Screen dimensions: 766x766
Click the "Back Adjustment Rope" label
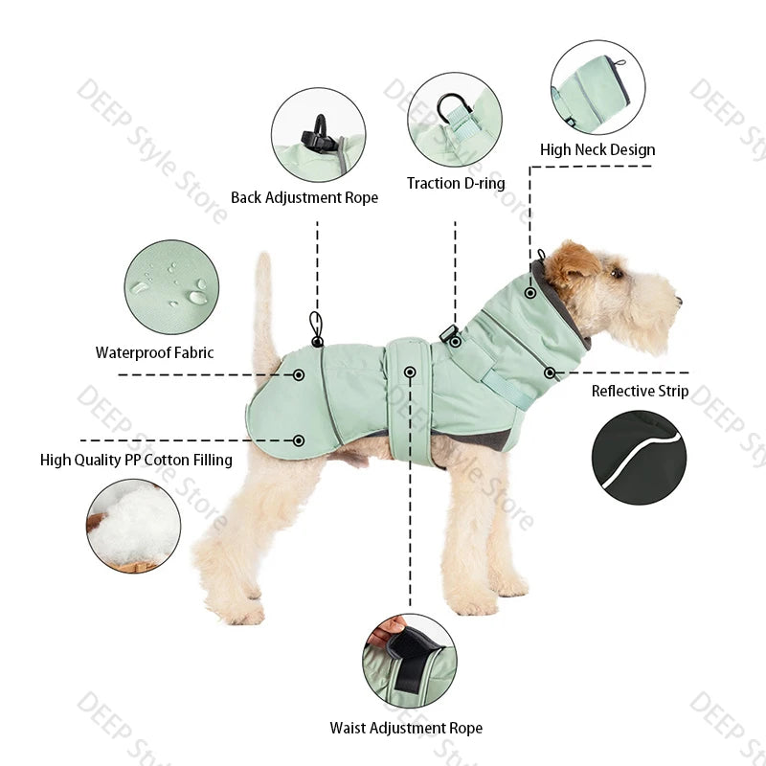(304, 197)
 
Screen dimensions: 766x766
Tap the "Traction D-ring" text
(456, 183)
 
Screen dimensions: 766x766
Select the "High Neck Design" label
(597, 149)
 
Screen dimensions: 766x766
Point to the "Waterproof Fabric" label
(155, 352)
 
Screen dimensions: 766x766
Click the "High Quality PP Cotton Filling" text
(136, 460)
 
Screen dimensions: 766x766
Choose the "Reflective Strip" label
(640, 391)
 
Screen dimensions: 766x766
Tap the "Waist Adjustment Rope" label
(406, 728)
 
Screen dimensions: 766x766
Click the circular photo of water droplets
(172, 287)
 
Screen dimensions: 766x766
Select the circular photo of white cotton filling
(134, 526)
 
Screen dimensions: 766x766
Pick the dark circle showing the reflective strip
(639, 458)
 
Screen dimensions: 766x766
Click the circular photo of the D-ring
(455, 120)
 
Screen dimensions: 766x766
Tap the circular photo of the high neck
(597, 87)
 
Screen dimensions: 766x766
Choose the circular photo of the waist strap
(409, 661)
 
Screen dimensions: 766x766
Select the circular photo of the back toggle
(318, 135)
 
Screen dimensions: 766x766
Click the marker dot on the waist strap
(410, 372)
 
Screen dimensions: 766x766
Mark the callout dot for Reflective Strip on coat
(551, 372)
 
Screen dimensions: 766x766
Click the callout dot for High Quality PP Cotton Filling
(299, 440)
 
